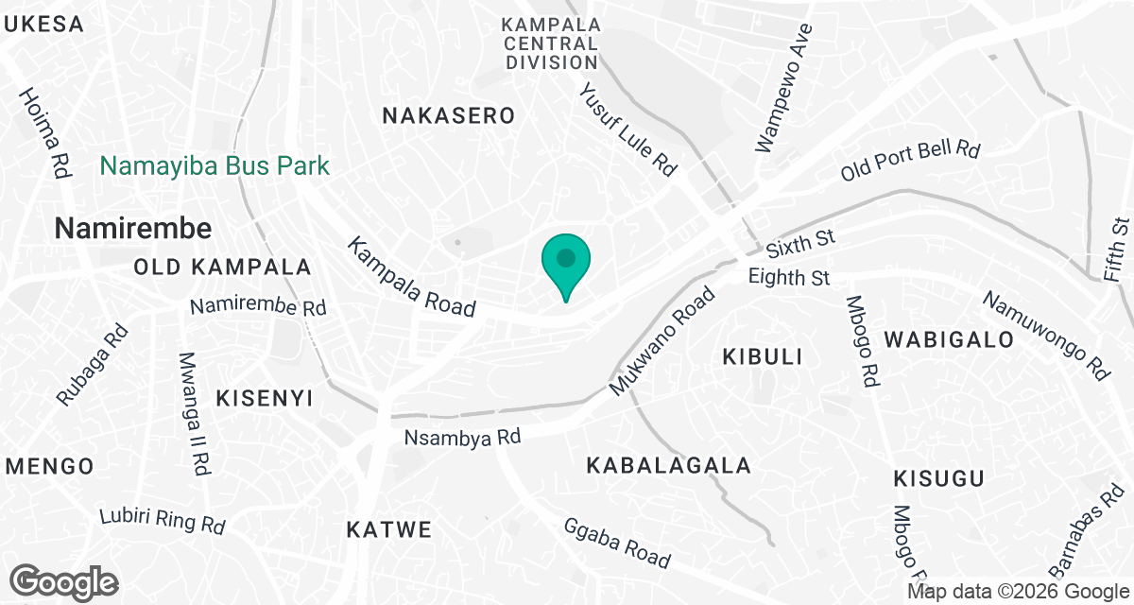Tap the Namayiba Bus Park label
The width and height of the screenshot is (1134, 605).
click(x=215, y=167)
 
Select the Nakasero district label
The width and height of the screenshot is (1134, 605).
click(x=449, y=116)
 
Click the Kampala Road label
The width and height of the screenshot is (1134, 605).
click(x=410, y=277)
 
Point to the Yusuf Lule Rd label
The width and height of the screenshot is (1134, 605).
click(x=628, y=129)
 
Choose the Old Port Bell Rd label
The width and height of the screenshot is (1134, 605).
click(x=911, y=161)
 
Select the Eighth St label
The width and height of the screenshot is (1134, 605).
click(x=788, y=278)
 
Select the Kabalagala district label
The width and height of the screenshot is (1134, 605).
click(x=668, y=465)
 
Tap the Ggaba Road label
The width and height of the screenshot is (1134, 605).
click(x=616, y=543)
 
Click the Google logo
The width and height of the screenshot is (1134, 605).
click(x=64, y=581)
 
